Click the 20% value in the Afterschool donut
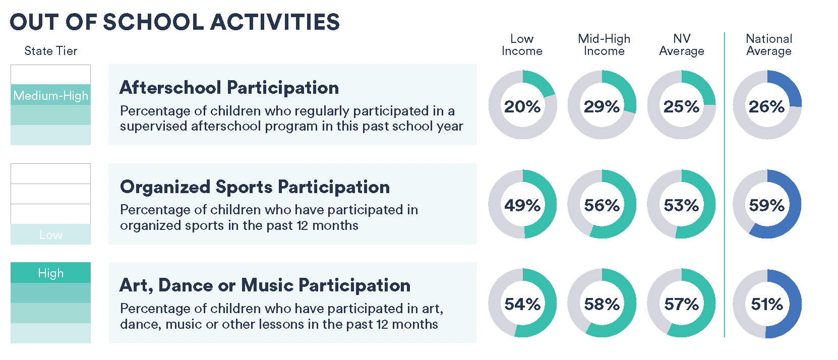[x=522, y=107]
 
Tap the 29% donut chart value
[x=602, y=107]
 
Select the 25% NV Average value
[x=681, y=107]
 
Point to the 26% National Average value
[x=766, y=107]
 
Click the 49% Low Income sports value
[x=522, y=205]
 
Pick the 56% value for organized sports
[x=602, y=205]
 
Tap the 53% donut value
[x=681, y=205]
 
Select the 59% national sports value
[x=766, y=205]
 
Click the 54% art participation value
[x=522, y=304]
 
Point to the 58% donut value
[x=602, y=304]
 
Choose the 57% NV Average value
[x=681, y=304]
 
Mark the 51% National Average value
[x=766, y=304]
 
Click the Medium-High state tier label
[x=50, y=96]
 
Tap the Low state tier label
[x=51, y=234]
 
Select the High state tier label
[x=50, y=273]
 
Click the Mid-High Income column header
[x=604, y=44]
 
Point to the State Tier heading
[x=50, y=50]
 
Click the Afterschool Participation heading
[x=229, y=88]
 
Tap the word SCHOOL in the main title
[x=153, y=22]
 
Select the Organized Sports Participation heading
[x=255, y=187]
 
